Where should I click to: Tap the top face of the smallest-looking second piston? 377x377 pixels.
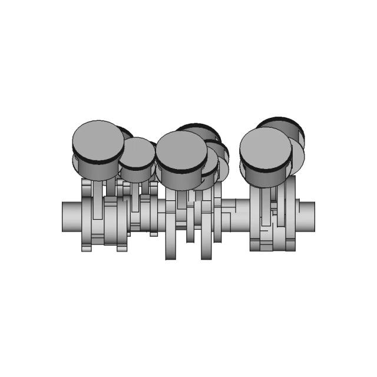(x=137, y=153)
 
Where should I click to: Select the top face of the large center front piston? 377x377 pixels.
(x=181, y=150)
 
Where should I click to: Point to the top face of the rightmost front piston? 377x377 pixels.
(x=266, y=148)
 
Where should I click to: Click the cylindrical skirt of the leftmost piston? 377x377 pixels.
(x=97, y=171)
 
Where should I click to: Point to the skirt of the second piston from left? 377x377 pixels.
(x=137, y=176)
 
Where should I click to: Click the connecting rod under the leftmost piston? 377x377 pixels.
(x=97, y=200)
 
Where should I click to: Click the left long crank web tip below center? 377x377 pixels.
(x=171, y=250)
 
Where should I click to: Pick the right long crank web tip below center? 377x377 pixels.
(x=206, y=250)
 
